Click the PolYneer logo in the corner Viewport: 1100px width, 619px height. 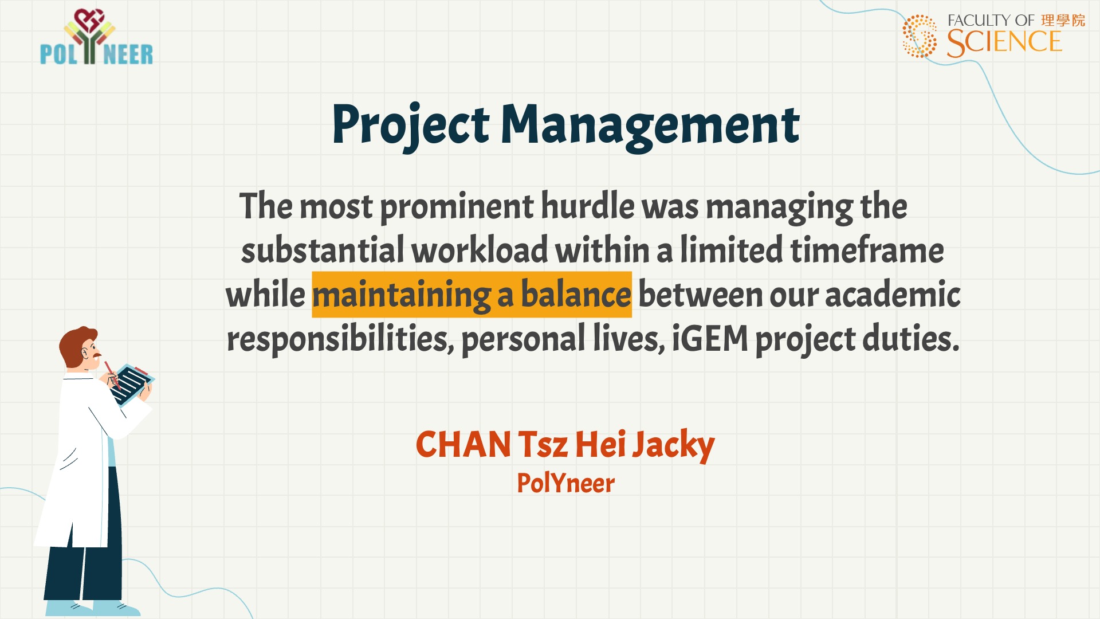[96, 37]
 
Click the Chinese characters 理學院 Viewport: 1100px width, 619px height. [1063, 21]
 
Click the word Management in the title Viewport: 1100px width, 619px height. [650, 125]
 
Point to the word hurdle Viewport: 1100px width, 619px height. [588, 206]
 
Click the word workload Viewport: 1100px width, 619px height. [480, 250]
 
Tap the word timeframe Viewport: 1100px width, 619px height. [867, 250]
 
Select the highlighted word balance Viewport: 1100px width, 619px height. [576, 295]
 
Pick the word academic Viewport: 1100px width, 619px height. [893, 295]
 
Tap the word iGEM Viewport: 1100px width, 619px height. [710, 339]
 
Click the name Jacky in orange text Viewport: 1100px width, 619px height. [673, 446]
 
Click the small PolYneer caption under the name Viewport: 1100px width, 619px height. [565, 483]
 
